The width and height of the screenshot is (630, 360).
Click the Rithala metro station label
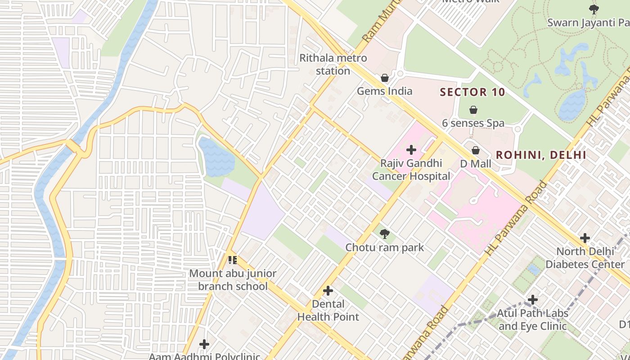click(333, 64)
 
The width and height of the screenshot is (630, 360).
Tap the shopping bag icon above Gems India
click(385, 78)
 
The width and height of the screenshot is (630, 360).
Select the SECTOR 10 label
click(472, 92)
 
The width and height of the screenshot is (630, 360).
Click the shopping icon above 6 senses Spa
click(473, 109)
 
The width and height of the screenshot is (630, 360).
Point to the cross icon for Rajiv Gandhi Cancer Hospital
click(411, 150)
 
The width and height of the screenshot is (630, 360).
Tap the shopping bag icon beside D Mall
click(476, 150)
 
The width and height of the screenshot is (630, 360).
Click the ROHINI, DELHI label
click(540, 155)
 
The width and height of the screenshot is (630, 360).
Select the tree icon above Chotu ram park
click(384, 234)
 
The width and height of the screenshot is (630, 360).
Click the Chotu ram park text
click(384, 247)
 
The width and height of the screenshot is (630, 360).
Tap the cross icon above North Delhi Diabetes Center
click(585, 238)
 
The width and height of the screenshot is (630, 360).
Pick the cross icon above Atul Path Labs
click(532, 299)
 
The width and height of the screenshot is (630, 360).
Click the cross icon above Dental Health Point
click(328, 291)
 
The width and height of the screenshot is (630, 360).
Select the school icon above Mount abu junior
click(232, 260)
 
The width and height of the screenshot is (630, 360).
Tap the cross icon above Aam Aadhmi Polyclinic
click(204, 344)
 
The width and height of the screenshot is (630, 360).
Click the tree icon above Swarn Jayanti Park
click(594, 9)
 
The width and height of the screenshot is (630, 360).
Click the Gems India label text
click(384, 91)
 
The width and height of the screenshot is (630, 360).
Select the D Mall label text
click(476, 164)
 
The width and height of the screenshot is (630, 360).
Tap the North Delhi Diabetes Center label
click(585, 257)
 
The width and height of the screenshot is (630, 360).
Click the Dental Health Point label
click(328, 310)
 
